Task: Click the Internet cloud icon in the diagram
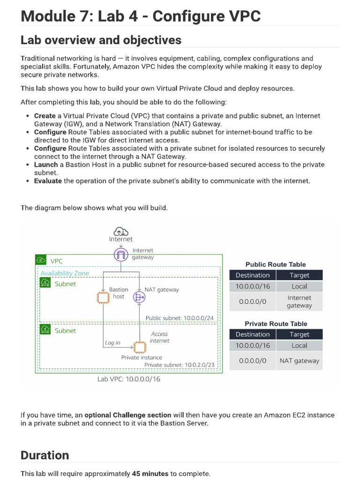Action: tap(121, 231)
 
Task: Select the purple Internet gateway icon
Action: tap(121, 255)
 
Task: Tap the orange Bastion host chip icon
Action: tap(103, 297)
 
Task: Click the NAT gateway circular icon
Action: tap(139, 297)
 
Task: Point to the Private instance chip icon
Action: tap(139, 347)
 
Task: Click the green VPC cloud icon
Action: tap(41, 261)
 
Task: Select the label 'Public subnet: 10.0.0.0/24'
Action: tap(180, 318)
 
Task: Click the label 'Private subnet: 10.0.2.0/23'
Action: tap(179, 365)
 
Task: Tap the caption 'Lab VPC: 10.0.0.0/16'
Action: tap(128, 379)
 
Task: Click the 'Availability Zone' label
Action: tap(65, 273)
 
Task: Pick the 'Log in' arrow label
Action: tap(112, 343)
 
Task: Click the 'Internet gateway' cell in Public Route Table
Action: tap(299, 301)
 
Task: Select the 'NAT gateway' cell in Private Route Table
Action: tap(299, 361)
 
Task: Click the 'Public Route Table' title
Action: tap(276, 264)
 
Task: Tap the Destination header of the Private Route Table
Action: tap(253, 334)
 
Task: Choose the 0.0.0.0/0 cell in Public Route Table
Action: tap(253, 301)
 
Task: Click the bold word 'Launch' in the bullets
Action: tap(46, 165)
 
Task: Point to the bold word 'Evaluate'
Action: tap(48, 181)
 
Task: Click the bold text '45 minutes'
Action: tap(150, 473)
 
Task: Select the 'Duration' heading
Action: tap(45, 455)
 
